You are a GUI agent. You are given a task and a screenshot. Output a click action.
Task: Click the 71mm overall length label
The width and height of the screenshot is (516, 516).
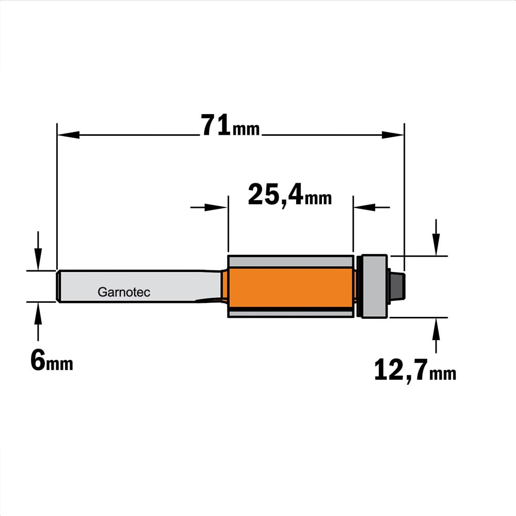(x=230, y=125)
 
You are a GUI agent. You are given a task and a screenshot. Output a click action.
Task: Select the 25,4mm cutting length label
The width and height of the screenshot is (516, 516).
(x=289, y=195)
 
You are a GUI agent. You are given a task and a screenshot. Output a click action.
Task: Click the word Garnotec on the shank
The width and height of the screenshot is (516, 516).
(x=124, y=292)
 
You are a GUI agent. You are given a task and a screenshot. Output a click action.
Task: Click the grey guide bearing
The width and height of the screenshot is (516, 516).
(x=374, y=286)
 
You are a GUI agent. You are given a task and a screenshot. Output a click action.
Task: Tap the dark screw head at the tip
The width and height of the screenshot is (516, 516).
(x=397, y=286)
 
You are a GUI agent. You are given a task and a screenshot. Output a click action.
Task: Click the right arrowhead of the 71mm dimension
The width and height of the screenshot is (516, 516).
(x=393, y=135)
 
